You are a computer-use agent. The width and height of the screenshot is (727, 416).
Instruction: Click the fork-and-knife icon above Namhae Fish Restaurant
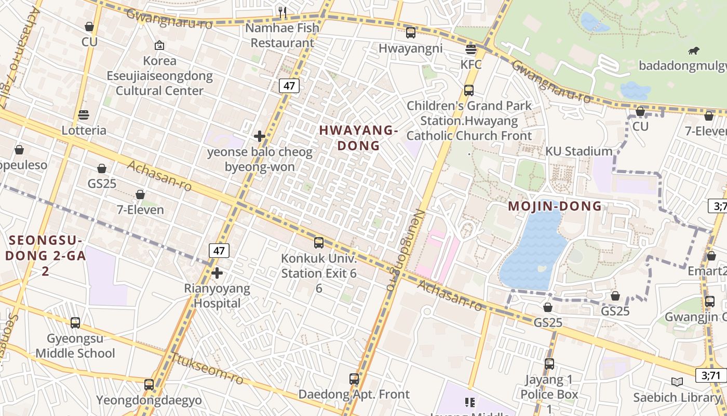282,12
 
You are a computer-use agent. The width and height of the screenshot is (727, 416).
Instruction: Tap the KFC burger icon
471,49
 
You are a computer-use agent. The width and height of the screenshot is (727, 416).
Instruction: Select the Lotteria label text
84,130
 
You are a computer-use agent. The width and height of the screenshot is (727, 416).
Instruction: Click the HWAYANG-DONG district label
358,138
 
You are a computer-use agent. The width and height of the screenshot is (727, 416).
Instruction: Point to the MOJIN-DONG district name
555,206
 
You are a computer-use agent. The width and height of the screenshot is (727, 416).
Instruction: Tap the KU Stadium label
578,151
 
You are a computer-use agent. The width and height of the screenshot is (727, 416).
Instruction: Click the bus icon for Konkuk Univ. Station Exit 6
319,243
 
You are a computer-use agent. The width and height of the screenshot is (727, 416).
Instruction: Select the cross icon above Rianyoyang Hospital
217,272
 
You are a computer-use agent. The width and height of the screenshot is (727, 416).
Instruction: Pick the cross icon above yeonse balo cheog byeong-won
260,136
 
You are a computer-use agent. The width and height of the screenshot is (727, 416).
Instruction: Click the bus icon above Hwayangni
411,33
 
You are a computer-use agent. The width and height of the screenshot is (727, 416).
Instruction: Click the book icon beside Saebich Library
677,382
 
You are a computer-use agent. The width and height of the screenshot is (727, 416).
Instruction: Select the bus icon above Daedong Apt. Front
354,379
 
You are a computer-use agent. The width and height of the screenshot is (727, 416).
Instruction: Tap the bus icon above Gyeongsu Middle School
75,323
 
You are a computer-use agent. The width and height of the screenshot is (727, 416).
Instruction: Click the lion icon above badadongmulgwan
693,50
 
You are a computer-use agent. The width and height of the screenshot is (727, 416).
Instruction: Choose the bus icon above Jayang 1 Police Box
549,364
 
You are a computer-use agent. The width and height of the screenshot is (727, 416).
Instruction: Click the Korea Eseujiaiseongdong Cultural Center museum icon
159,45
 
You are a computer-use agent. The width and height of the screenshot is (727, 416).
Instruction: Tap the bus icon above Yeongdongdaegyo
149,385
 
